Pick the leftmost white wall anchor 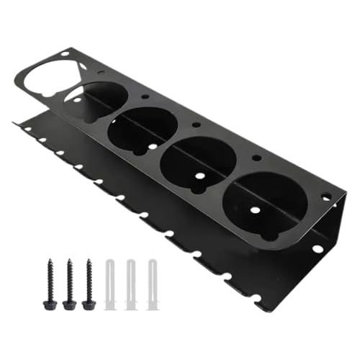[110, 285]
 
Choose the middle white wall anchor [131, 285]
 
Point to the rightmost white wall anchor [152, 285]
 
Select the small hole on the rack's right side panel [318, 248]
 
